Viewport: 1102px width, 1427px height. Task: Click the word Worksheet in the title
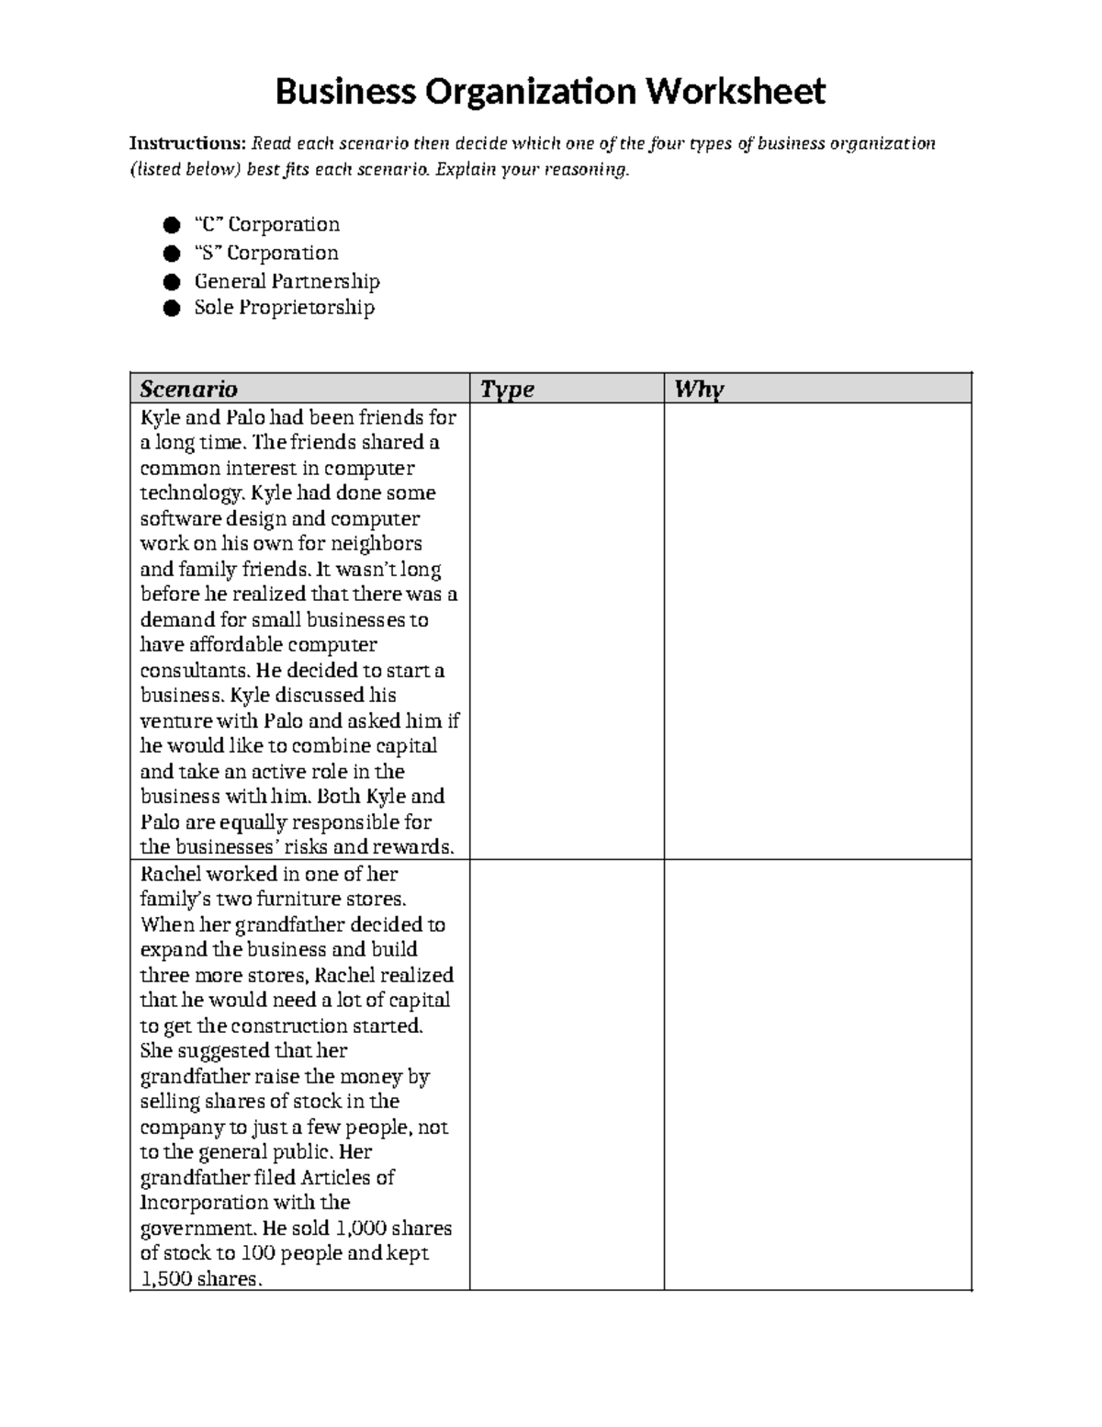[x=734, y=92]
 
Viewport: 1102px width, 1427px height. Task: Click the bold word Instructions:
[x=187, y=143]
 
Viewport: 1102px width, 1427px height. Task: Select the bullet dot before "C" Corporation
[x=171, y=225]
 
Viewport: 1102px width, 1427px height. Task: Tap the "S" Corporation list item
[x=265, y=253]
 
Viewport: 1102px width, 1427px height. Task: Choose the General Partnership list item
[x=287, y=280]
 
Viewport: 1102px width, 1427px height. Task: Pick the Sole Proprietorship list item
[x=284, y=307]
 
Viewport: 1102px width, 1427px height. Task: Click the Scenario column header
[x=188, y=389]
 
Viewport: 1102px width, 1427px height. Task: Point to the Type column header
[x=508, y=389]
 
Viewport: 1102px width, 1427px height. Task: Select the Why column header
[x=699, y=389]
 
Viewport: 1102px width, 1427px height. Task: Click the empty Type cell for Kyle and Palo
[x=567, y=631]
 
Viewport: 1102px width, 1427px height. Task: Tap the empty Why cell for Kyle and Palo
[x=817, y=631]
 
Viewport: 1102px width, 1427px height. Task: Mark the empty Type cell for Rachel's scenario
[x=567, y=1074]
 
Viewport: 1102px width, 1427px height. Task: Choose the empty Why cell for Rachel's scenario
[x=817, y=1074]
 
